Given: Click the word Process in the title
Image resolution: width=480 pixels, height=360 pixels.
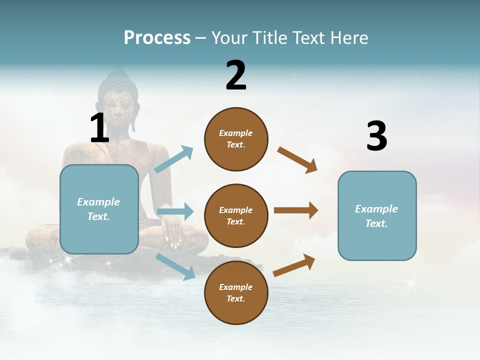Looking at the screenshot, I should (157, 37).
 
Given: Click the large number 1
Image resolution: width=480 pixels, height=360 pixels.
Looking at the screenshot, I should (99, 128).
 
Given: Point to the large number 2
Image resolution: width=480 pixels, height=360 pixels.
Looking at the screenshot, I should (236, 75).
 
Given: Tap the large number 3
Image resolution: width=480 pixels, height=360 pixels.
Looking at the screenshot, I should (376, 136).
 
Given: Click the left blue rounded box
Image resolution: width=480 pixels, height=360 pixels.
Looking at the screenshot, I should (99, 209).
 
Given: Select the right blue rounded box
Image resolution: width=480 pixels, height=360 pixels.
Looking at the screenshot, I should (377, 216).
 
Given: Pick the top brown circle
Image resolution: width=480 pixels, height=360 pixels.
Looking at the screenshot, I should (236, 139).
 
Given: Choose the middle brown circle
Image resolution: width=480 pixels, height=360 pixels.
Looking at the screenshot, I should (236, 215).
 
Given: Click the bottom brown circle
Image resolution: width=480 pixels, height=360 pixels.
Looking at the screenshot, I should (236, 292).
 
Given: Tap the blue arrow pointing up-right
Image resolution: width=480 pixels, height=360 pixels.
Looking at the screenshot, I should (174, 159).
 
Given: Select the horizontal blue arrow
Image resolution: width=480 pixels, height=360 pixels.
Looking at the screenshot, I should (175, 212).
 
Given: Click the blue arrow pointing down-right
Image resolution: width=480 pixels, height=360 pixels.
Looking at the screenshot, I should (175, 266).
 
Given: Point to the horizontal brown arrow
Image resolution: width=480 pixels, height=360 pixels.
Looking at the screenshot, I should (296, 210).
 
